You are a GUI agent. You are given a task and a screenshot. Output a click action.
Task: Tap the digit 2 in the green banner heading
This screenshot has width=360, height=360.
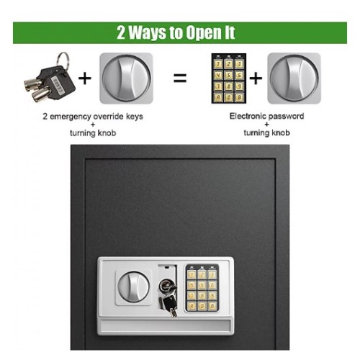pos(121,32)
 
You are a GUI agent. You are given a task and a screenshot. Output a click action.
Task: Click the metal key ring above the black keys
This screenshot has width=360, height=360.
pos(63,60)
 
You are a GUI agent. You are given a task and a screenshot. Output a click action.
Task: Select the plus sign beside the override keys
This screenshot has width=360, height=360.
pos(85,78)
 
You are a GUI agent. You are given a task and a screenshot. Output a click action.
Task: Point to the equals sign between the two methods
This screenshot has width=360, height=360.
pos(180,78)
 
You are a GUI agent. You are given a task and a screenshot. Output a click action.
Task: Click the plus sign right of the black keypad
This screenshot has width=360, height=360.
pos(256,78)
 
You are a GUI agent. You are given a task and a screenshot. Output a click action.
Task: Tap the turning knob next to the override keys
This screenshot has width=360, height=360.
pos(126,78)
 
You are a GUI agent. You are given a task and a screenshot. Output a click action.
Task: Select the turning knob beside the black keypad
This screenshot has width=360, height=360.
pos(294,78)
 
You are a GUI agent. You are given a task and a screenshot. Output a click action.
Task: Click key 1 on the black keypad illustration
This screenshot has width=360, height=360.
pos(218,64)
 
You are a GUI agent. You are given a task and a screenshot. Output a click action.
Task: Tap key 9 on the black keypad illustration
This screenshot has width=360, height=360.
pos(239,86)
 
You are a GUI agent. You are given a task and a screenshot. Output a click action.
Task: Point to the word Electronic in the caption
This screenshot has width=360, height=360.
pos(247,116)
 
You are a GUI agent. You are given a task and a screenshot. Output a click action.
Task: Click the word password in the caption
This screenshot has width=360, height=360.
pos(285,117)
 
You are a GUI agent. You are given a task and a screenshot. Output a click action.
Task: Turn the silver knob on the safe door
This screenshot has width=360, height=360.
pos(133,287)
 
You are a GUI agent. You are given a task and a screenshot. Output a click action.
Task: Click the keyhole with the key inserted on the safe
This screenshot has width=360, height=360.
pos(166,285)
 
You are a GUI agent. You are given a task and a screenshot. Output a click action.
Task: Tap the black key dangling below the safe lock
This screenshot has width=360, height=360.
pos(170,305)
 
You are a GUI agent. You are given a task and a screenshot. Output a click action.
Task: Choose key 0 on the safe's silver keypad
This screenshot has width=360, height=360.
pos(202,306)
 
